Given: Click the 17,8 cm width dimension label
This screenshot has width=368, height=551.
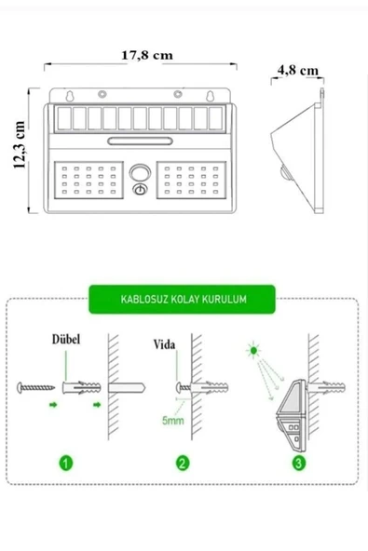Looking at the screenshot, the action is tap(147, 55).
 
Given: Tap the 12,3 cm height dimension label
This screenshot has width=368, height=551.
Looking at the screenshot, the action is tap(20, 145).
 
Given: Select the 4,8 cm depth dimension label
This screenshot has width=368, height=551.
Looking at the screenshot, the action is tap(297, 71).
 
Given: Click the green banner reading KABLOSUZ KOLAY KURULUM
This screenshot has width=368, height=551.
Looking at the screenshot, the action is tap(182, 299).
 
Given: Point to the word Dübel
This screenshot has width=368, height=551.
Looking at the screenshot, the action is tap(66, 339).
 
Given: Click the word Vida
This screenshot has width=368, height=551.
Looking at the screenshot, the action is tap(164, 344).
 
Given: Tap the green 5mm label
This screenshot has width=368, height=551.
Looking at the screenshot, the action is tap(172, 421).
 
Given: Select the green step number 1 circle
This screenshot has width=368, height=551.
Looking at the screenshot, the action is tap(66, 463).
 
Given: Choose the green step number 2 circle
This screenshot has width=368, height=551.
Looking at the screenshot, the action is tap(183, 463).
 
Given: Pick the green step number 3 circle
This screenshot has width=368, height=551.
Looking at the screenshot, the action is tap(298, 463).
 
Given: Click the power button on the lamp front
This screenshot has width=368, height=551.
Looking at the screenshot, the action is tap(140, 190).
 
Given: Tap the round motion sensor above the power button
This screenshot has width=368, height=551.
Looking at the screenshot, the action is tap(140, 172).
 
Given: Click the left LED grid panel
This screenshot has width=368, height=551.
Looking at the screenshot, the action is tap(89, 180).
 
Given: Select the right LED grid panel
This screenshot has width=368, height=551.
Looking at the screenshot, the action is tap(191, 180).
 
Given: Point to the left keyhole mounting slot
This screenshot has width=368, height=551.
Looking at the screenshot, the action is tap(70, 96).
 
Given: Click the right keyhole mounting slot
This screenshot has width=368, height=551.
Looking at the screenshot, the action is tap(210, 96).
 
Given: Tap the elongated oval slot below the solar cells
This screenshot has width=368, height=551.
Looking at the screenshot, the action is tap(140, 141).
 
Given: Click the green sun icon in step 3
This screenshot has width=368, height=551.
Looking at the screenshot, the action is tap(253, 350).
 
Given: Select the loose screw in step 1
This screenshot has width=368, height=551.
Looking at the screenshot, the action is tap(36, 387).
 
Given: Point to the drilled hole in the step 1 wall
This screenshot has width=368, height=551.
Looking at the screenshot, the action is tap(127, 388).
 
